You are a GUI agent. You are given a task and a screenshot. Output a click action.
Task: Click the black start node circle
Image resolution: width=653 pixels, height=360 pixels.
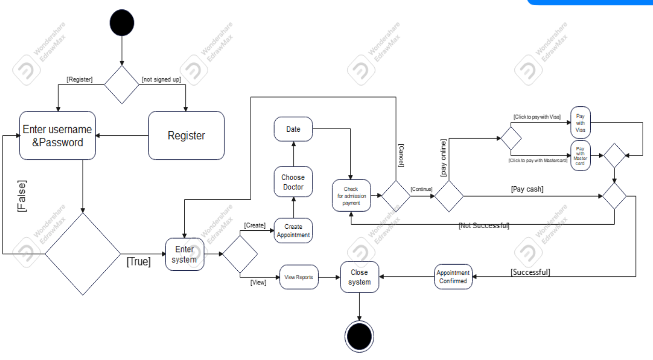click(x=121, y=23)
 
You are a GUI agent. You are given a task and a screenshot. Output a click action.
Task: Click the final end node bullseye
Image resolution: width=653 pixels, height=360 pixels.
click(x=359, y=337)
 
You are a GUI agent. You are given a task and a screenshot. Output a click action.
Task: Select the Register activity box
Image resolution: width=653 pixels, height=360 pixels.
click(x=186, y=135)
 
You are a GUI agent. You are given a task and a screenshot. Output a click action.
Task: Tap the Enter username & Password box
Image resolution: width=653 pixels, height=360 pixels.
click(x=58, y=135)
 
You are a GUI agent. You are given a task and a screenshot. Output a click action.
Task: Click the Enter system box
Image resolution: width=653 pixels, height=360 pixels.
click(x=185, y=254)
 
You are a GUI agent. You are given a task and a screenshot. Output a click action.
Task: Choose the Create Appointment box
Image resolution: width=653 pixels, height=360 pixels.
click(x=293, y=231)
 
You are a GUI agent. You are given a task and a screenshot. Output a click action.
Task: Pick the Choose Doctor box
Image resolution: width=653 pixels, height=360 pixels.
click(x=293, y=182)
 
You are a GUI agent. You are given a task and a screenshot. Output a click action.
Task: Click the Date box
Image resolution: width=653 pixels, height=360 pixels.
click(x=293, y=129)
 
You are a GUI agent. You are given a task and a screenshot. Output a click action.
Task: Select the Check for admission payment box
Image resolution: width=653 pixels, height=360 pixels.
click(x=351, y=196)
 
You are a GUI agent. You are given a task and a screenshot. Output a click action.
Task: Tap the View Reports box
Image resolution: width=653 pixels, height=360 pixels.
click(x=298, y=278)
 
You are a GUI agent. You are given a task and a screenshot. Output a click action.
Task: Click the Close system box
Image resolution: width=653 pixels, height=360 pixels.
click(x=359, y=277)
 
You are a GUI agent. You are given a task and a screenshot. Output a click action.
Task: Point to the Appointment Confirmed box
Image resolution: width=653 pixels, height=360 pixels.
click(x=453, y=276)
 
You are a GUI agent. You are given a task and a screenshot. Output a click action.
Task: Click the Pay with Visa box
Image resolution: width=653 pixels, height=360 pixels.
click(x=580, y=123)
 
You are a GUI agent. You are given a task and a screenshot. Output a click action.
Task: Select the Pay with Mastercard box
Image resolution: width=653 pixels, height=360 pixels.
click(x=580, y=156)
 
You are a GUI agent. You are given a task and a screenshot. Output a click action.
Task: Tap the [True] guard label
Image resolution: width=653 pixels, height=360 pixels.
click(x=139, y=262)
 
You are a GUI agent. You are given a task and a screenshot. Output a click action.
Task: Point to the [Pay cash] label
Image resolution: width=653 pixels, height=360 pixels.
click(x=527, y=189)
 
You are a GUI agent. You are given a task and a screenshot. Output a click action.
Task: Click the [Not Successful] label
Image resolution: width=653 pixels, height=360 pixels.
click(x=484, y=226)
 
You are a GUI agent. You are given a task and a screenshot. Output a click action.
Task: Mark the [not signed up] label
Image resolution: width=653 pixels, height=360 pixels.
click(x=161, y=79)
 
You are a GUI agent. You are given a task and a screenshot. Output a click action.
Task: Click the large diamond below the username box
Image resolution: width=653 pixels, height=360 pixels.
click(x=83, y=254)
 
